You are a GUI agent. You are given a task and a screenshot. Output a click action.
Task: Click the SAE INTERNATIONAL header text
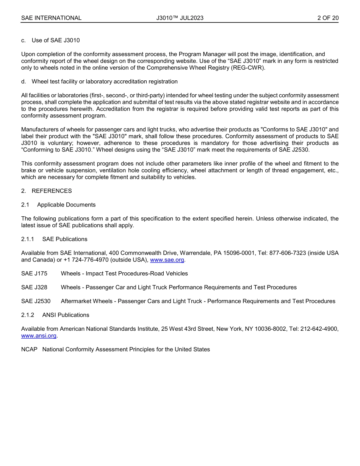(x=51, y=18)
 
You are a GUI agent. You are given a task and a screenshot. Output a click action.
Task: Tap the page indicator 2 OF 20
(x=328, y=18)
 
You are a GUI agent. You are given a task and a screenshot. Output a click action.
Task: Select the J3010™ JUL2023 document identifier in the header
(x=180, y=18)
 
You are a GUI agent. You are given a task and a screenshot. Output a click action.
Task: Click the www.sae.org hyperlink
(x=167, y=260)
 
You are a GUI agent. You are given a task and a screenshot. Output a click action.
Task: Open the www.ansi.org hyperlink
(x=39, y=336)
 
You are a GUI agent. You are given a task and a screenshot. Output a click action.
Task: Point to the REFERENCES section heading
(x=52, y=191)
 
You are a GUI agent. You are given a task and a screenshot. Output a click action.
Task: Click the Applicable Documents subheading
(x=66, y=205)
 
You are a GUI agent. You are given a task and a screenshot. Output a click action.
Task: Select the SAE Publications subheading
(x=65, y=239)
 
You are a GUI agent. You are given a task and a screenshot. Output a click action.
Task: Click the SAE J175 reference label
(x=34, y=274)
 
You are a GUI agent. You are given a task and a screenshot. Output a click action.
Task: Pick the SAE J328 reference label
(x=34, y=287)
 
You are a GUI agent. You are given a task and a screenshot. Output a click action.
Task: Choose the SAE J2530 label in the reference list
(x=36, y=301)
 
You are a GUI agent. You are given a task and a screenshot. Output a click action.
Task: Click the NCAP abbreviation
(x=29, y=349)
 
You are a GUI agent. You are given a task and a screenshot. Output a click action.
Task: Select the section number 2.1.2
(x=28, y=315)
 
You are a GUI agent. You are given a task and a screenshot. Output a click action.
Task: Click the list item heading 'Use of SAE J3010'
(x=56, y=40)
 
